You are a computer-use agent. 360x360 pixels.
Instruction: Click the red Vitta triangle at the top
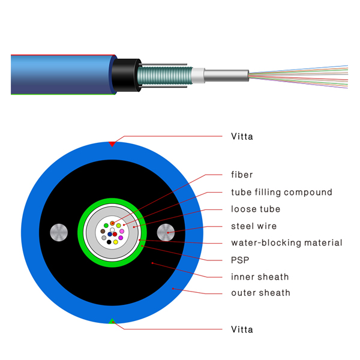[x=112, y=144]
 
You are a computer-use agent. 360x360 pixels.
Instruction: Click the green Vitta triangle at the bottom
[x=112, y=321]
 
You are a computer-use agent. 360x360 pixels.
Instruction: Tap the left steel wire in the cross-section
[x=59, y=232]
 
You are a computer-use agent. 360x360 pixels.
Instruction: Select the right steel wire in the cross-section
[x=166, y=232]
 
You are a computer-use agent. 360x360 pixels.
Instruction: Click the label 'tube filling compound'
[x=281, y=193]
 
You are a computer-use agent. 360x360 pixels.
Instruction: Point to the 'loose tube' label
[x=256, y=209]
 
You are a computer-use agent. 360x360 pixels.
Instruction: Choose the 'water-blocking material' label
[x=287, y=242]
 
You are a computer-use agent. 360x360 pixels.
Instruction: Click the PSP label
[x=240, y=260]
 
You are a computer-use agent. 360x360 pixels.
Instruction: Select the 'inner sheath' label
[x=260, y=277]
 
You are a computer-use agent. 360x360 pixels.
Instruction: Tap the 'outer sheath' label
[x=260, y=293]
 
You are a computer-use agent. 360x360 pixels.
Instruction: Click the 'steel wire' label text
[x=254, y=226]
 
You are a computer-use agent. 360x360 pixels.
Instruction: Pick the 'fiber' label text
[x=242, y=175]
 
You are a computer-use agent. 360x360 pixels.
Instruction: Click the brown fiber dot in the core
[x=103, y=231]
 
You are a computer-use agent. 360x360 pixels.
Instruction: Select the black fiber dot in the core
[x=109, y=242]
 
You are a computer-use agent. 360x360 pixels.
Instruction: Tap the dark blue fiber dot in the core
[x=110, y=234]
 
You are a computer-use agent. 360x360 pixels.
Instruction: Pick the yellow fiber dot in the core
[x=115, y=242]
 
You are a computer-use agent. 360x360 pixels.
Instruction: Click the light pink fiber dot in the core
[x=122, y=231]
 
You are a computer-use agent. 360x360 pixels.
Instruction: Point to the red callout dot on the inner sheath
[x=152, y=263]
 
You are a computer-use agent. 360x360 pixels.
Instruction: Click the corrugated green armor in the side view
[x=165, y=75]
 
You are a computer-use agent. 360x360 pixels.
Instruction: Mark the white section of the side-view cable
[x=198, y=75]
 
